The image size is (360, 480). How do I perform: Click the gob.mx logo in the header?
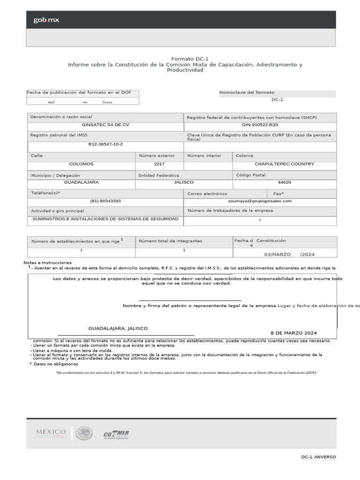click(46, 20)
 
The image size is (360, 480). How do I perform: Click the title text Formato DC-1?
click(185, 59)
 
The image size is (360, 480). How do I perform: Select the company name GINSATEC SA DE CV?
click(105, 125)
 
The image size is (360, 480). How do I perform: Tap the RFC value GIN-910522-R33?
click(260, 125)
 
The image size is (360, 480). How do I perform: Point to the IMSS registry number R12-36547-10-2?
click(105, 144)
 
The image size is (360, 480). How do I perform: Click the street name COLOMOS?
click(81, 164)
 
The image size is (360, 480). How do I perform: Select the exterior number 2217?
click(159, 164)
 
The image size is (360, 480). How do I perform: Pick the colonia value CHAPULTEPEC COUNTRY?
click(284, 164)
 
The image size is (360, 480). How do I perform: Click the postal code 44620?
click(284, 182)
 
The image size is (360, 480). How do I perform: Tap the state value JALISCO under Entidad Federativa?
click(183, 182)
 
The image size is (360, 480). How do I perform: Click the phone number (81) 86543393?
click(105, 201)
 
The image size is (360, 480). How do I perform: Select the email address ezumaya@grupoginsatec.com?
click(260, 201)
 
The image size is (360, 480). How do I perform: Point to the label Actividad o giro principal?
click(58, 211)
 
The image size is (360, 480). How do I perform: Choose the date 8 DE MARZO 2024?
click(293, 333)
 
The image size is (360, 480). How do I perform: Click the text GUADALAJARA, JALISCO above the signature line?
click(118, 329)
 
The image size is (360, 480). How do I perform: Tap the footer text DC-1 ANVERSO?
click(318, 457)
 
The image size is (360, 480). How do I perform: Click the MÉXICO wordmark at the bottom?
click(51, 432)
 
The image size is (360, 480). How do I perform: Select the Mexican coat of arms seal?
click(84, 434)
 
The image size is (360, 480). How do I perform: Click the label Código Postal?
click(250, 175)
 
